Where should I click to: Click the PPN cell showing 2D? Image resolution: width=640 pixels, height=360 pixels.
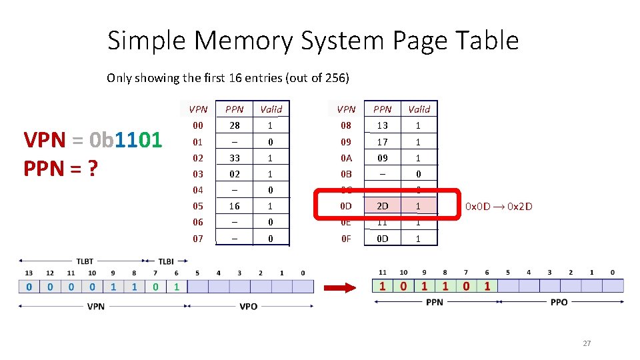383,206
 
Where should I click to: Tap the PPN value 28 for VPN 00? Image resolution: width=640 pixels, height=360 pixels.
235,125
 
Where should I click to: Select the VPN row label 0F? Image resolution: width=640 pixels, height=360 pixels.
346,238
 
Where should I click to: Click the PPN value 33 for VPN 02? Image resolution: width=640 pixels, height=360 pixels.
235,158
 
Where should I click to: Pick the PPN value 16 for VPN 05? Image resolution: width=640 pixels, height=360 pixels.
235,206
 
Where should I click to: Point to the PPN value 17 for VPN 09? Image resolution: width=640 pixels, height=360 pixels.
383,142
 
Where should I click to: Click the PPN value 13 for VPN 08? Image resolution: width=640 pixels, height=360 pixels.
383,125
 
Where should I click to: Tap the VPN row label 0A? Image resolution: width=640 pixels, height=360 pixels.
346,158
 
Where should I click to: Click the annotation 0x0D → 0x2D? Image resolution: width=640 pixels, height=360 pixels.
499,206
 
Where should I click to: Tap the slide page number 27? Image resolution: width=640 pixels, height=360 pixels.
587,343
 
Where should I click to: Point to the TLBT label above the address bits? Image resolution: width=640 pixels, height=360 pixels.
85,261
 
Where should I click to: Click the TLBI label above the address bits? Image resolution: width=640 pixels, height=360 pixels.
166,261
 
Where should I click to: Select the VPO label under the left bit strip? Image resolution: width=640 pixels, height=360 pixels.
249,307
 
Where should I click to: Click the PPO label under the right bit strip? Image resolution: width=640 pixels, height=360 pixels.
559,302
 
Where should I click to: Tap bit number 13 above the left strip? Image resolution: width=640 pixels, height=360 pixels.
29,272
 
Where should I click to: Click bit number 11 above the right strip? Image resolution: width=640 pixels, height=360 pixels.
382,272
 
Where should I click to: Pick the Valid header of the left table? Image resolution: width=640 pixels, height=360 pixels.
271,109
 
